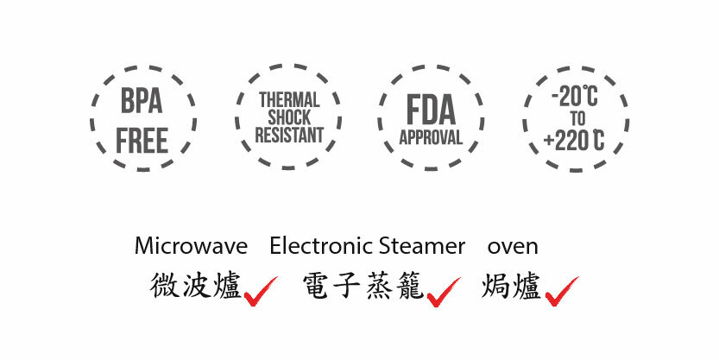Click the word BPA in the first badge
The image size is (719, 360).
[x=142, y=102]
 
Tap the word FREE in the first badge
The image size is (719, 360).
[x=142, y=141]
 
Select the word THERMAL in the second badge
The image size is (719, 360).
[x=289, y=100]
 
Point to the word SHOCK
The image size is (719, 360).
[x=289, y=117]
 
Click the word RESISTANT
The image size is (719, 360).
[x=289, y=136]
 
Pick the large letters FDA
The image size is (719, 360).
[x=431, y=111]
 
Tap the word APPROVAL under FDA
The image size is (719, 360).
[x=431, y=138]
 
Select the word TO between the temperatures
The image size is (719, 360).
[x=577, y=118]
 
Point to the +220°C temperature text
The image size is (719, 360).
[x=575, y=139]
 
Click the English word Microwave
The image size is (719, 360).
[x=191, y=246]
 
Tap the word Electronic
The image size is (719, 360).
[x=322, y=246]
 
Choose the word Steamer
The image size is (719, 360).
[x=422, y=246]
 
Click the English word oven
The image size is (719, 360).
[x=513, y=246]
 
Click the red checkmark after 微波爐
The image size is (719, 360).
[x=260, y=292]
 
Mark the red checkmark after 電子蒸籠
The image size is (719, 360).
[x=443, y=292]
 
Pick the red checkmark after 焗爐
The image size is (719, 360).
[x=561, y=292]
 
